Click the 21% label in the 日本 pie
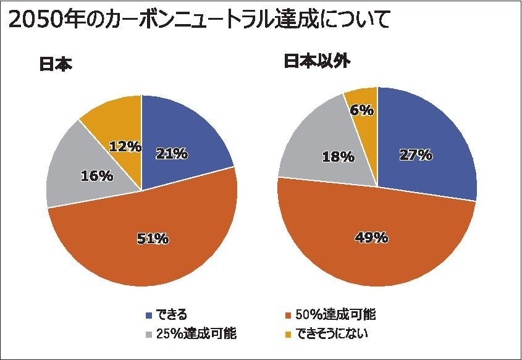[172, 154]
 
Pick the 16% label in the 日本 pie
[97, 176]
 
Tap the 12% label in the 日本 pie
[125, 147]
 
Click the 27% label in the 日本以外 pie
[415, 154]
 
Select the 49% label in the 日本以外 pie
[371, 237]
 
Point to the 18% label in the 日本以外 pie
[338, 157]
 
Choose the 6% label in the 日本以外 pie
[361, 110]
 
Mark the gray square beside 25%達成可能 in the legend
[148, 335]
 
